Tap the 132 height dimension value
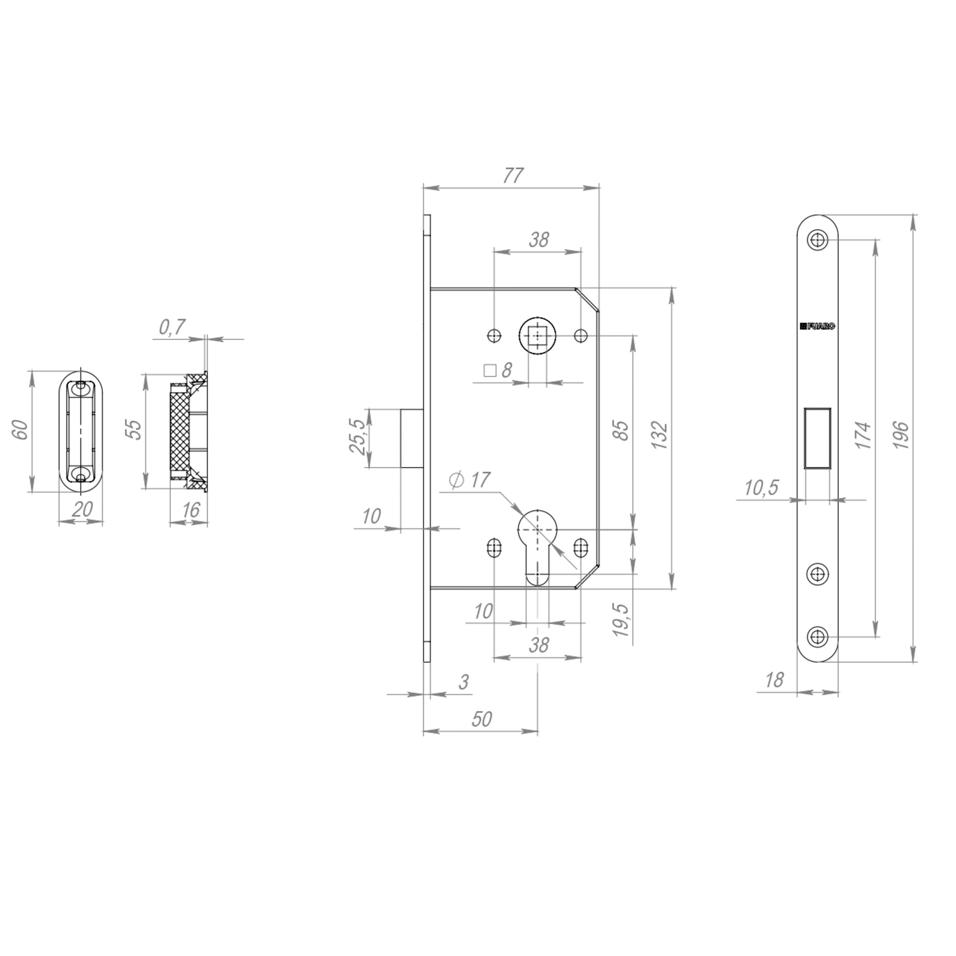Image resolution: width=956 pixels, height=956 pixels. coord(660,435)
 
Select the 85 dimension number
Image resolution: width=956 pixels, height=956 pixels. coord(622,430)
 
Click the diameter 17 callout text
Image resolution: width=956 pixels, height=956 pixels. coord(469,480)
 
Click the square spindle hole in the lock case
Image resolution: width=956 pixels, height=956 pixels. coord(537,336)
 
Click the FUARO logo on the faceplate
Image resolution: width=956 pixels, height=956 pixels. coord(817,326)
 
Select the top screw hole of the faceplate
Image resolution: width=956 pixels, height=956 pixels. coord(817,240)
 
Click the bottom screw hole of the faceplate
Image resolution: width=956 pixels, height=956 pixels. coord(817,636)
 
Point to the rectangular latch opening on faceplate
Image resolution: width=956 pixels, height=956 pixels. coord(817,437)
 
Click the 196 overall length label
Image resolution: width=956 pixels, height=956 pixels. coord(902,435)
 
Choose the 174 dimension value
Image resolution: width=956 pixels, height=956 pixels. coord(863,435)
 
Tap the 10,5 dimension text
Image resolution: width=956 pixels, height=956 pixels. coord(761,488)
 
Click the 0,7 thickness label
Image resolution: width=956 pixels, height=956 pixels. coord(172,327)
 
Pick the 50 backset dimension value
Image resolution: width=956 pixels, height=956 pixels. coord(481,719)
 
